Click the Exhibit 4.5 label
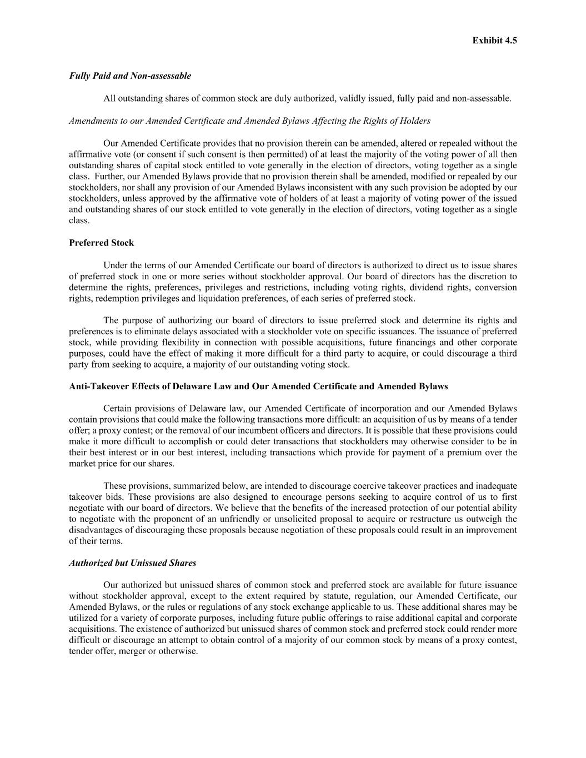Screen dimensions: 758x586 [x=494, y=41]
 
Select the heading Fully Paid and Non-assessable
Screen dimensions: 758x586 [x=130, y=76]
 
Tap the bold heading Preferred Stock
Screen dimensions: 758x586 [x=102, y=243]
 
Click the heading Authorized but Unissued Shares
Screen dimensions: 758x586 [x=133, y=563]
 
